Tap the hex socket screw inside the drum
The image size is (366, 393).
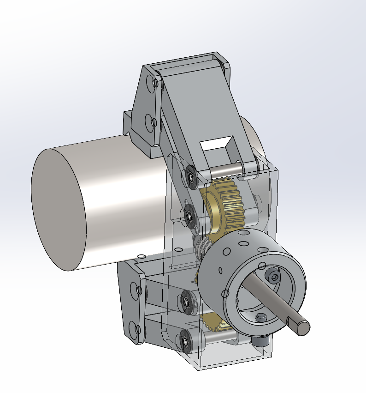(x=274, y=276)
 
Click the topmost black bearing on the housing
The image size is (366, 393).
(x=190, y=176)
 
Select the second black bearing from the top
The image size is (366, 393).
(x=189, y=215)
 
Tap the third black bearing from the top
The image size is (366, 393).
(x=187, y=302)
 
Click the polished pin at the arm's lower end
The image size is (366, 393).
(x=226, y=169)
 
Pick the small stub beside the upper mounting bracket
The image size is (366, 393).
(x=128, y=121)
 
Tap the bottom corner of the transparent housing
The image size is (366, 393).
(x=199, y=368)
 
